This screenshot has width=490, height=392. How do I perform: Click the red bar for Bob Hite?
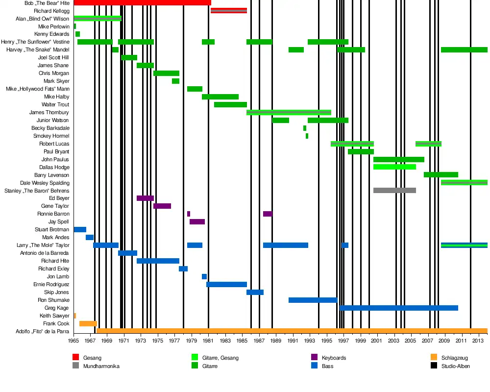point(142,3)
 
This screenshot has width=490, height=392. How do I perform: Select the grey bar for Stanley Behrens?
point(394,191)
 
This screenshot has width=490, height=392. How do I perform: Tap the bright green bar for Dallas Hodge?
point(394,167)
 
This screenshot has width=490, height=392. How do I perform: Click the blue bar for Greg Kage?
point(399,308)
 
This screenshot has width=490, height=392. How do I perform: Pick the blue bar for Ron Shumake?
point(313,300)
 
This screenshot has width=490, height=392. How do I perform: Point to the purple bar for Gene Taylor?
point(162,206)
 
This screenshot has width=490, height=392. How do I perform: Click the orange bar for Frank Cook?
point(88,324)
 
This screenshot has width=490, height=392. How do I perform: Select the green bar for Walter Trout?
point(230,104)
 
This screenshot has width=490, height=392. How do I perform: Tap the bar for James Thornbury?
point(289,113)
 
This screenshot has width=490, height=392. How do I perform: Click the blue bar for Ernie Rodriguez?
point(226,285)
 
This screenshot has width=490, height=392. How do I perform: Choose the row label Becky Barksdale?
point(50,128)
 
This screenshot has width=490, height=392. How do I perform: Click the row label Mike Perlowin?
point(54,26)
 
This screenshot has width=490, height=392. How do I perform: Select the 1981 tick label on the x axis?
point(208,340)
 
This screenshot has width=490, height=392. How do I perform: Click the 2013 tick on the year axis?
point(479,340)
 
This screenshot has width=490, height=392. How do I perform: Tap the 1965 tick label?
point(73,340)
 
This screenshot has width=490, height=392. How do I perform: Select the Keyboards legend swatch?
point(315,358)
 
